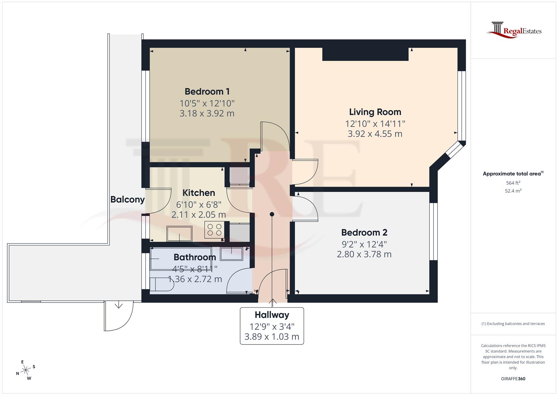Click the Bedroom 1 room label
[x=207, y=91]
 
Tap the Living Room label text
[x=375, y=112]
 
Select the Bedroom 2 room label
[x=364, y=232]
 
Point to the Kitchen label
[x=198, y=193]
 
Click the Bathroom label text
[x=194, y=257]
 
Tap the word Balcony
[x=128, y=199]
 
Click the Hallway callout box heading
[x=272, y=315]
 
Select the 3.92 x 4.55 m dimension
[x=375, y=134]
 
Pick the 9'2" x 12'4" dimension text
[x=364, y=244]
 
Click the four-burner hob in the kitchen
[x=215, y=230]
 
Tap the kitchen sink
[x=179, y=233]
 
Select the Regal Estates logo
[x=513, y=30]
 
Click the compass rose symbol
[x=26, y=370]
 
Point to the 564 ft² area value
[x=513, y=183]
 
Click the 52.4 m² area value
[x=513, y=191]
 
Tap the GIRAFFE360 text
[x=513, y=379]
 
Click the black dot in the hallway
[x=272, y=214]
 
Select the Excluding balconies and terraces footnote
[x=513, y=324]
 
